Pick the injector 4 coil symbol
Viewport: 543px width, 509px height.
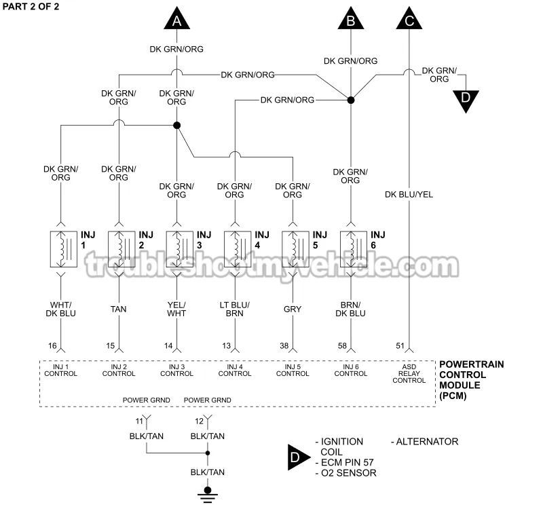pos(235,248)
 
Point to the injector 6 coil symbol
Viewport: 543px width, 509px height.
pos(351,248)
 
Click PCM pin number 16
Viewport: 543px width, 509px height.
pos(52,346)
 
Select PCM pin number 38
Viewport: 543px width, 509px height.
pos(284,346)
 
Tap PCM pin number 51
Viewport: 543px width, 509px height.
pos(400,346)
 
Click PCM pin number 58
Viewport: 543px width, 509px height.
pos(342,346)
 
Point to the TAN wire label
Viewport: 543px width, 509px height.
pos(119,309)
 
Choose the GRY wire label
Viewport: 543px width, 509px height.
pos(293,309)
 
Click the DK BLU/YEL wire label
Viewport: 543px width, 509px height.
pos(409,195)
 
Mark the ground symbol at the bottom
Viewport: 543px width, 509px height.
pos(208,493)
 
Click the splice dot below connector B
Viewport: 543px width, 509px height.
pos(351,100)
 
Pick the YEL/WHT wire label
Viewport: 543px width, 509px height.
pos(176,309)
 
